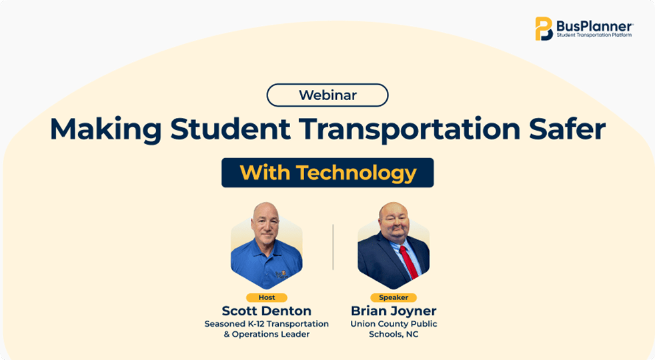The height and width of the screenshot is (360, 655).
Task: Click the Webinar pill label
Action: pyautogui.click(x=327, y=95)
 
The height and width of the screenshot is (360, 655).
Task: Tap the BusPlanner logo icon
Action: pyautogui.click(x=544, y=29)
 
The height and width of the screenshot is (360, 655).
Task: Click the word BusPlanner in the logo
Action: pyautogui.click(x=594, y=26)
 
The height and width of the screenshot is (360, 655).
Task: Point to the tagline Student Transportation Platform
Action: pyautogui.click(x=594, y=35)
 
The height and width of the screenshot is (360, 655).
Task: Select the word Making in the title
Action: pyautogui.click(x=105, y=130)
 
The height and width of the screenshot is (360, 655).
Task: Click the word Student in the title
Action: pyautogui.click(x=230, y=129)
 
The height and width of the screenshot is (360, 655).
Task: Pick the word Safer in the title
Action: pyautogui.click(x=567, y=129)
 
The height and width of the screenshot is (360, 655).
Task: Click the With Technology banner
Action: pyautogui.click(x=327, y=173)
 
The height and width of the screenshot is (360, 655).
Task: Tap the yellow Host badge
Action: pyautogui.click(x=267, y=297)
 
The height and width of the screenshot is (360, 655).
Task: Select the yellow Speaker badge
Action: pyautogui.click(x=394, y=297)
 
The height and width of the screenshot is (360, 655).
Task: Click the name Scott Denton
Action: pyautogui.click(x=267, y=311)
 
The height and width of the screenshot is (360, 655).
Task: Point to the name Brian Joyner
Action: pyautogui.click(x=394, y=311)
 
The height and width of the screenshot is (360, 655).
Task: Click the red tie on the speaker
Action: pyautogui.click(x=408, y=262)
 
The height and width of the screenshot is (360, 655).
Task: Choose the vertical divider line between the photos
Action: pyautogui.click(x=333, y=247)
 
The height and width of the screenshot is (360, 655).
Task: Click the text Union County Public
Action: pyautogui.click(x=394, y=324)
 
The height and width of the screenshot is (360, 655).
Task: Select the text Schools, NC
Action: pyautogui.click(x=394, y=335)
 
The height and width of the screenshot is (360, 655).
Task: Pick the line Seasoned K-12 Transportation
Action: pyautogui.click(x=267, y=324)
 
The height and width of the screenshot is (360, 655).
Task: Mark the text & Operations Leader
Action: pyautogui.click(x=267, y=335)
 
